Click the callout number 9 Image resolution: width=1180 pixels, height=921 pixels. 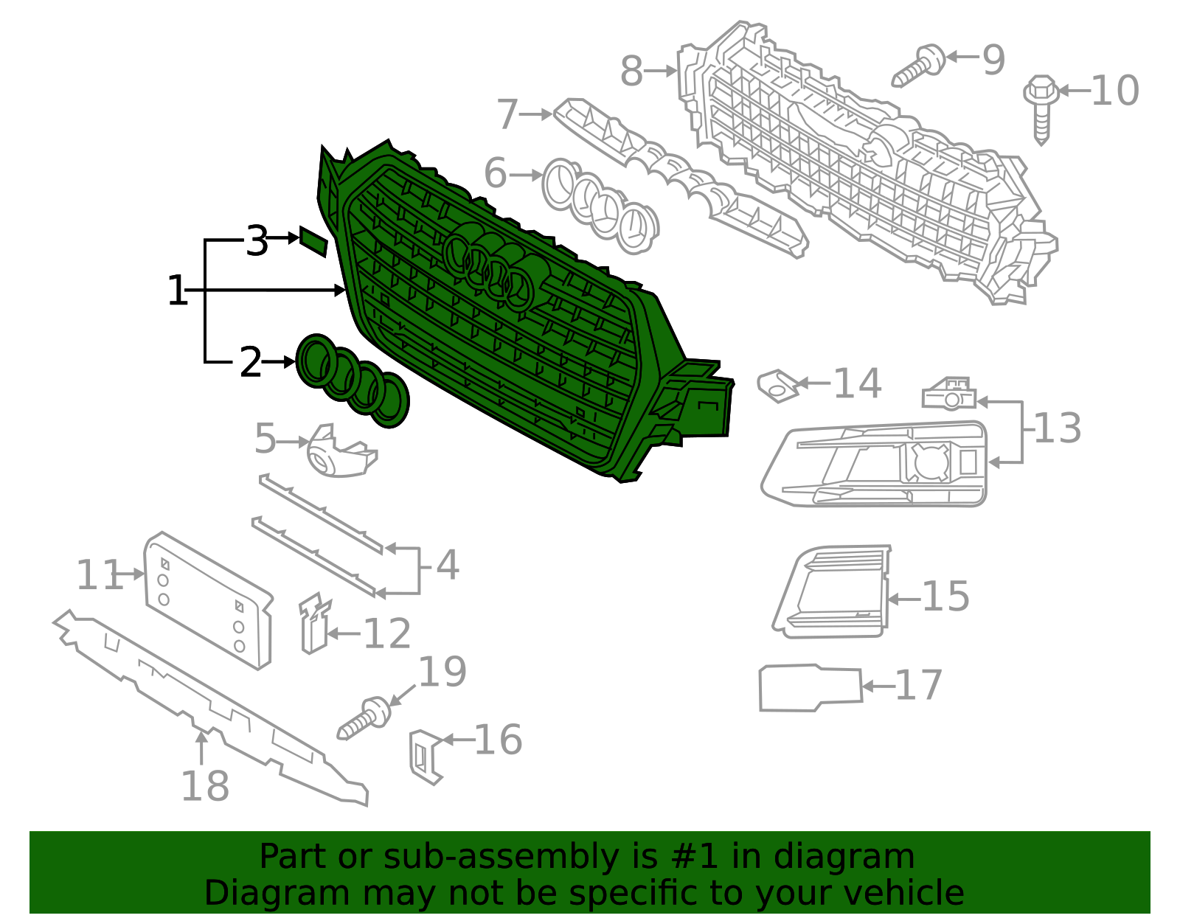993,59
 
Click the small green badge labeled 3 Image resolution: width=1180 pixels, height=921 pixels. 313,241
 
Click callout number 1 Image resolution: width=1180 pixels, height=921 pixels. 177,291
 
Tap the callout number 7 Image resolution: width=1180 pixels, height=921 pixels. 507,115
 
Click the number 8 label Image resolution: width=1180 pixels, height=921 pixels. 631,72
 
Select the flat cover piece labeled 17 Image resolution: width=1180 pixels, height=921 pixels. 810,688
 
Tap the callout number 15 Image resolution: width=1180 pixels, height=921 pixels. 945,597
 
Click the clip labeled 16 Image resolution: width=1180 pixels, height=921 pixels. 426,756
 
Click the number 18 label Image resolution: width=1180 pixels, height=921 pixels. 205,786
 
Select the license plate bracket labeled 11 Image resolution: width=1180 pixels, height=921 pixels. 208,601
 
